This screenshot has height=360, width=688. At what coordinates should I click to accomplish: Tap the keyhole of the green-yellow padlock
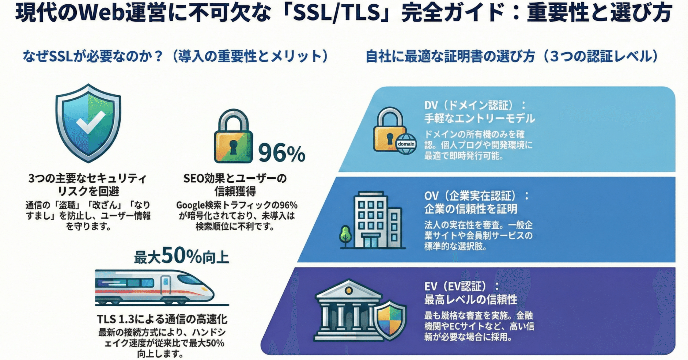coord(233,146)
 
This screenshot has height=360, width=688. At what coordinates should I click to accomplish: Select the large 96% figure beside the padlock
coord(281,153)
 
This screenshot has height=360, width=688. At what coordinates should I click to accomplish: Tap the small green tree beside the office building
coord(345,235)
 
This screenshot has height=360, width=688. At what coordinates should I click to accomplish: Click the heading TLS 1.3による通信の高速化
coord(162,319)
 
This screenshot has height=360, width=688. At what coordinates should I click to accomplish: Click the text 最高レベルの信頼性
coord(470,300)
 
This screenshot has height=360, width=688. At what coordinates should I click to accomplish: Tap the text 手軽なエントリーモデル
coord(479,118)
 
